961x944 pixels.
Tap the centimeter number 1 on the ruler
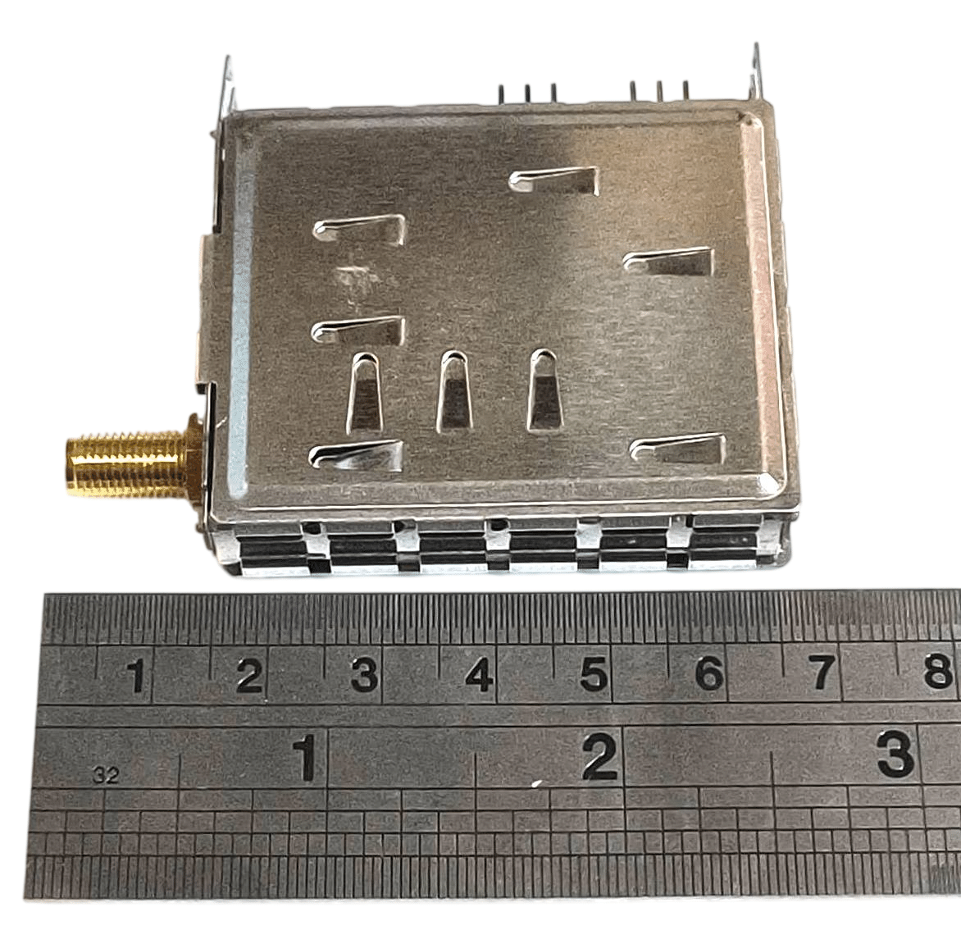coord(137,675)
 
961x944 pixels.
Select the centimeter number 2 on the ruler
coord(250,675)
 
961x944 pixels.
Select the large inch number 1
coord(304,759)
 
